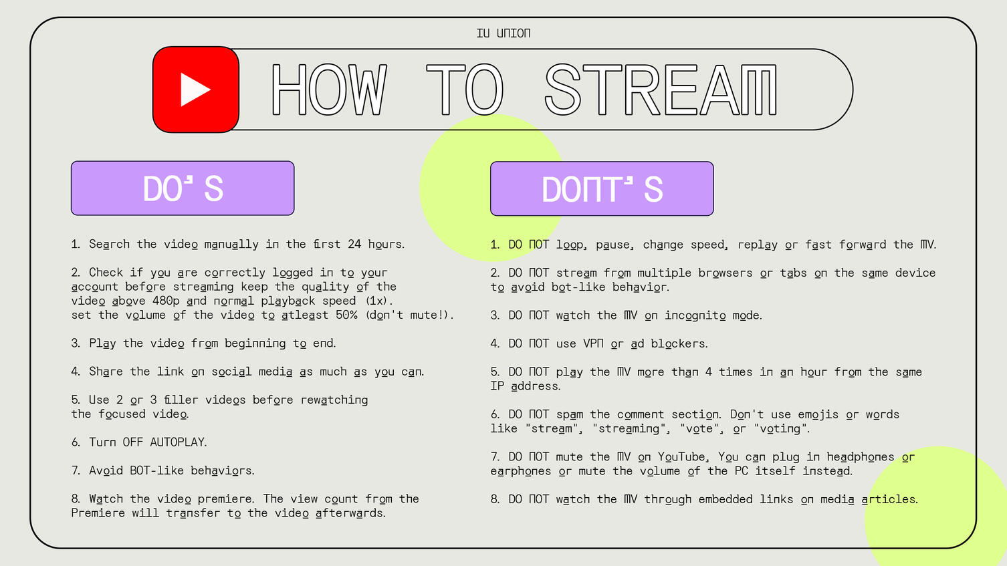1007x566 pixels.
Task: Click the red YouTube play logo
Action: pos(195,90)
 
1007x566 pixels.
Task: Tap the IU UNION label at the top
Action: pos(503,33)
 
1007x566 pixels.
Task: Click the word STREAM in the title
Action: pos(661,90)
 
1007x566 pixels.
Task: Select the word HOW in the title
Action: pos(329,90)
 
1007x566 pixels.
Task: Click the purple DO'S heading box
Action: pos(183,188)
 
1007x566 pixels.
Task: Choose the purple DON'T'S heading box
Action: pos(602,188)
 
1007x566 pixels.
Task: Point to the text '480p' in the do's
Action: pos(166,301)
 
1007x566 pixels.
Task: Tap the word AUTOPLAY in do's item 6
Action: pos(178,442)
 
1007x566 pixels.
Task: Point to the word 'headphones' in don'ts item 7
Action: pos(861,457)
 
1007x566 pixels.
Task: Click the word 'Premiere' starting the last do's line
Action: pos(98,513)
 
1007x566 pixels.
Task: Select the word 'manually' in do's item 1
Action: pos(231,245)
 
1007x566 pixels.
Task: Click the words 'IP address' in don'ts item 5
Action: pos(525,386)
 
